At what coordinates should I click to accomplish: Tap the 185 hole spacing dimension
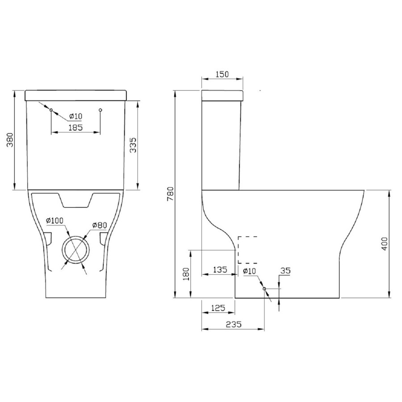(x=75, y=127)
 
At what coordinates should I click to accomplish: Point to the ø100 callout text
(x=55, y=220)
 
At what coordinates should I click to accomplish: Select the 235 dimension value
(x=233, y=325)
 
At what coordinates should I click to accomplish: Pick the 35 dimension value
(x=285, y=270)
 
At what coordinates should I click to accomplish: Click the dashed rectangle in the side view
(x=247, y=250)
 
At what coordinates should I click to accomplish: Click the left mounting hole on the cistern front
(x=51, y=110)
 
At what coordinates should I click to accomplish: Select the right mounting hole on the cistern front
(x=100, y=110)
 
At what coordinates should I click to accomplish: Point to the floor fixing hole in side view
(x=264, y=289)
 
